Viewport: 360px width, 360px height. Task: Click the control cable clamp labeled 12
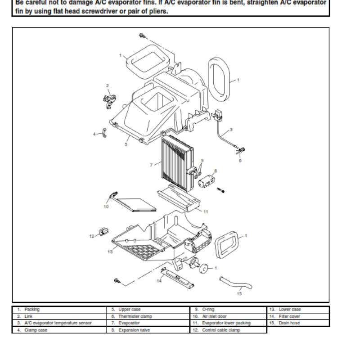click(103, 232)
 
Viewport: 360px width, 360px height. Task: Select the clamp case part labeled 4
click(103, 133)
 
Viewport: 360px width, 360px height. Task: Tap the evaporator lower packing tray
click(179, 198)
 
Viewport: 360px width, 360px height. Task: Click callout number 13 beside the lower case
click(110, 252)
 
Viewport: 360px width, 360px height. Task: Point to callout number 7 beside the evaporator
click(151, 165)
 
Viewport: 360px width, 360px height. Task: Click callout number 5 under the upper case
click(126, 145)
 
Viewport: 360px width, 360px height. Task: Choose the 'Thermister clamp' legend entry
click(135, 316)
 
